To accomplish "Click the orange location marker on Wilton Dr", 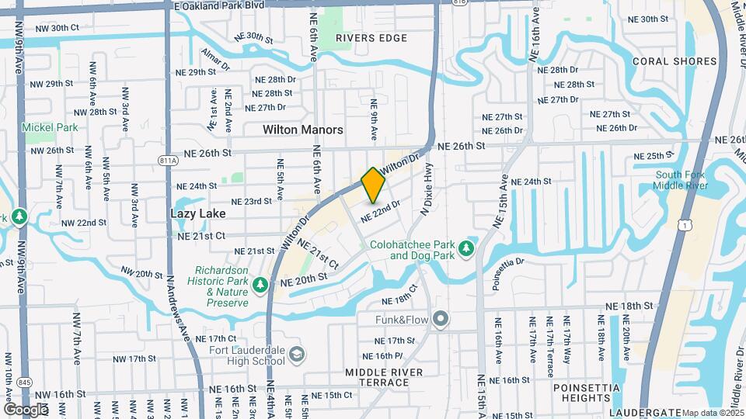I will click(x=373, y=185).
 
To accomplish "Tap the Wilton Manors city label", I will click(x=303, y=130).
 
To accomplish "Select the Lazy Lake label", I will click(x=198, y=213).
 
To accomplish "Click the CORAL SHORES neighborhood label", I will click(x=675, y=61).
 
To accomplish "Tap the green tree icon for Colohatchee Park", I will click(x=466, y=248).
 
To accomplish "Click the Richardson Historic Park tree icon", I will click(x=260, y=285).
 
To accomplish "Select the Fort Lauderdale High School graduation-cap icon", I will click(x=296, y=355).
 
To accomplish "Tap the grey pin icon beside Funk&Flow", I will click(x=441, y=319).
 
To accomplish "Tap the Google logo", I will click(x=26, y=409).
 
